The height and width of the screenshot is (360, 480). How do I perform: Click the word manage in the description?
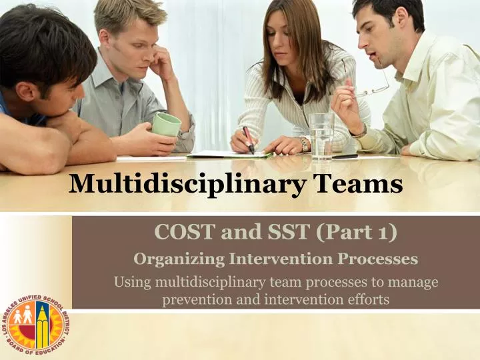(415, 282)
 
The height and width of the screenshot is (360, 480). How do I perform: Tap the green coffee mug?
(165, 125)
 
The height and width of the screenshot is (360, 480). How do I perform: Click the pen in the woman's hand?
(248, 139)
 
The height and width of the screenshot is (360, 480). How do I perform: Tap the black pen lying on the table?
(345, 157)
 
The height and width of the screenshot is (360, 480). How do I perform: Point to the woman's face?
(286, 35)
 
